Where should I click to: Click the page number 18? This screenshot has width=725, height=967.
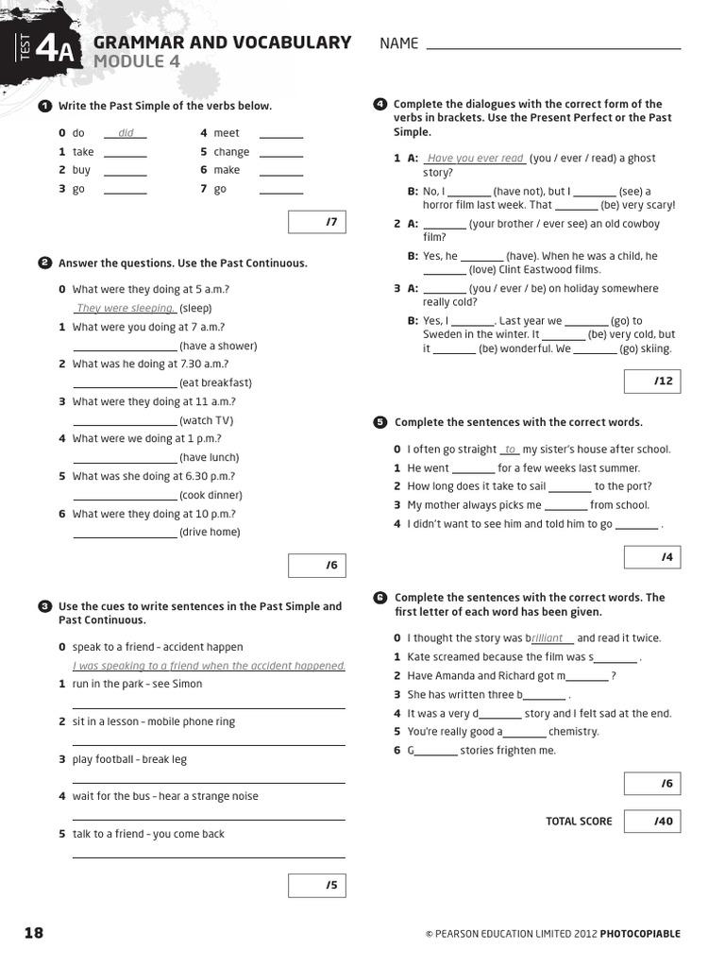[33, 933]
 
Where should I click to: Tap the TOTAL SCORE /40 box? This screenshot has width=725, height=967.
[651, 821]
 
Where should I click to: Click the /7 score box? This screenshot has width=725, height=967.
[313, 222]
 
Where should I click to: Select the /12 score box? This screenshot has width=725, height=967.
[651, 381]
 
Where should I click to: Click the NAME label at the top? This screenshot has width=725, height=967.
[398, 43]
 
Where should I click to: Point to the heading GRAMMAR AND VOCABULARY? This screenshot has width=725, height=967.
[222, 42]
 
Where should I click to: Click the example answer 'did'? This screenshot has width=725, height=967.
[126, 133]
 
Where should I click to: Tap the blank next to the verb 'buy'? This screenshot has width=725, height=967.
[125, 171]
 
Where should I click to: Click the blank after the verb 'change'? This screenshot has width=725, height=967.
[280, 152]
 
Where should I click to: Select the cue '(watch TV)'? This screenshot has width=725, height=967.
[206, 420]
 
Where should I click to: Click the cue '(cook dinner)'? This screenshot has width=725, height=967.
[211, 495]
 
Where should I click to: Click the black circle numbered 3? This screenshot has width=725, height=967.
[44, 606]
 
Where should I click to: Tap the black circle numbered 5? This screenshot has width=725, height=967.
[380, 422]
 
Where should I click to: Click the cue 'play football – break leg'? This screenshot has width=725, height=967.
[129, 759]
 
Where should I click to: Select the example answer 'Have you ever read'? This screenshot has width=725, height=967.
[475, 159]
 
